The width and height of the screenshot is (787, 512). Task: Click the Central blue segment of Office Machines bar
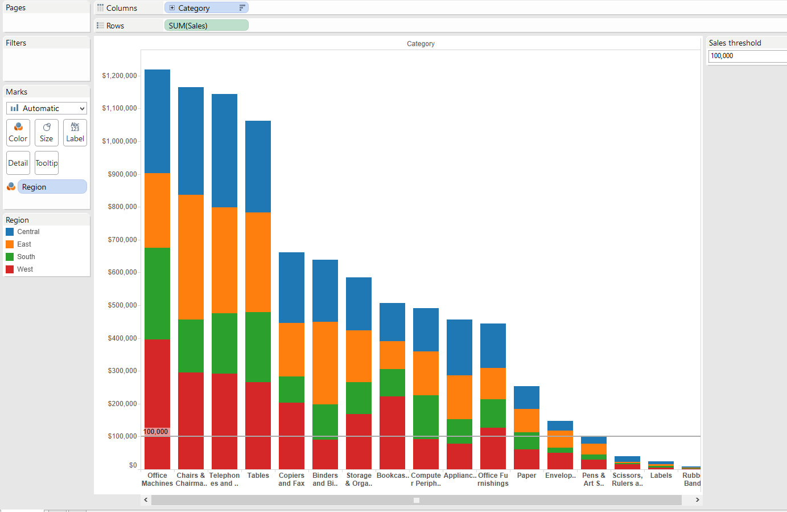(157, 121)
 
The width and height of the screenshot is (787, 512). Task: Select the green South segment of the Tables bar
(258, 346)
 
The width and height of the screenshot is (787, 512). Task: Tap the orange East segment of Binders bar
(325, 363)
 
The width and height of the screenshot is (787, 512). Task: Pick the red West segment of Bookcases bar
(392, 432)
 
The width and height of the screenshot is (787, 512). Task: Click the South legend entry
(26, 257)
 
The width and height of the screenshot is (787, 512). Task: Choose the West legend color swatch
(10, 269)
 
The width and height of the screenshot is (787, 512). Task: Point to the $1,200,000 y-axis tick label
(120, 76)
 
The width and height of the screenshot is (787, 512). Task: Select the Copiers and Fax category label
(291, 479)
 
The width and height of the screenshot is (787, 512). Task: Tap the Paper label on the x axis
(526, 476)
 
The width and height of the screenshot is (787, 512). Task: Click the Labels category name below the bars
(661, 476)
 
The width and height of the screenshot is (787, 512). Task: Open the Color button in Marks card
(18, 132)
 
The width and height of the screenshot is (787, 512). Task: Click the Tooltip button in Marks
(47, 163)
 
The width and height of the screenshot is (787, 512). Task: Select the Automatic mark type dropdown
(47, 108)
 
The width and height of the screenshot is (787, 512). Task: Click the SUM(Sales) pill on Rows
(206, 26)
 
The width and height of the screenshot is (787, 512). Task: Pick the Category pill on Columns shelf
(206, 8)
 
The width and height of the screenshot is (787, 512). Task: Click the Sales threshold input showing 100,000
(747, 56)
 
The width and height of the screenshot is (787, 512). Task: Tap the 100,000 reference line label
(156, 432)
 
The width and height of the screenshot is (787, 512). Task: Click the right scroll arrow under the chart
(697, 499)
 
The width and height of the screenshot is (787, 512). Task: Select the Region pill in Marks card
(52, 187)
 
